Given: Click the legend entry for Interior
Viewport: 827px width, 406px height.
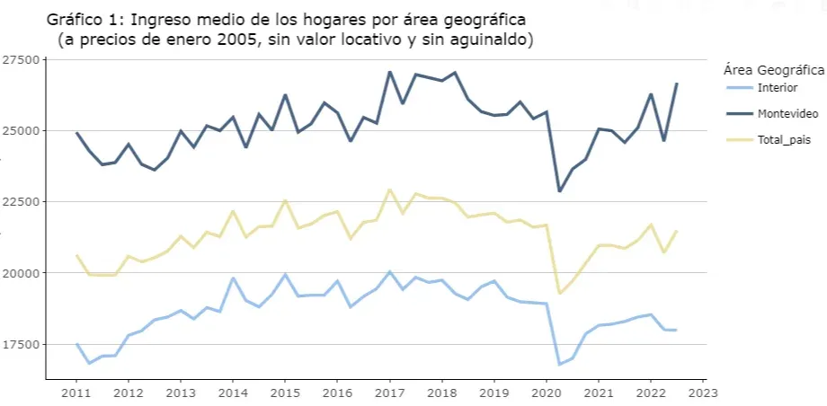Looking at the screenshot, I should pos(778,87).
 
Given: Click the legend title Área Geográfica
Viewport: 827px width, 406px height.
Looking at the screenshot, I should pos(773,69).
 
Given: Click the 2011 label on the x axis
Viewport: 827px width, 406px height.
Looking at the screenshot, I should pos(76,393).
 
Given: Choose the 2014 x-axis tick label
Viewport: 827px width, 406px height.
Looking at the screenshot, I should pos(233,393).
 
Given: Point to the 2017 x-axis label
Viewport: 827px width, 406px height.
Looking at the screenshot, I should pos(389,393).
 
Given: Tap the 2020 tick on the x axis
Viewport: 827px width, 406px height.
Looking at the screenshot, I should pos(546,393).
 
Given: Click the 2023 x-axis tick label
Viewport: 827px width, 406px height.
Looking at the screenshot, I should pos(703,393).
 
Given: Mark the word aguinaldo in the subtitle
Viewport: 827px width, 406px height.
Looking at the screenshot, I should pos(492,40).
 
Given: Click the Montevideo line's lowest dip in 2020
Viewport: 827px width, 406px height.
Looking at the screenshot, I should pos(559,191).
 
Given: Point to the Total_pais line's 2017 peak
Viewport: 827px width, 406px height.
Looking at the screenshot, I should pos(389,190).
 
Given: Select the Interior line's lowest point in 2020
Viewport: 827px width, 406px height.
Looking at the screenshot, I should pos(559,364).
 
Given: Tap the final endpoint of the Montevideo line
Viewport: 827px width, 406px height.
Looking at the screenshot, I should pos(677,84).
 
